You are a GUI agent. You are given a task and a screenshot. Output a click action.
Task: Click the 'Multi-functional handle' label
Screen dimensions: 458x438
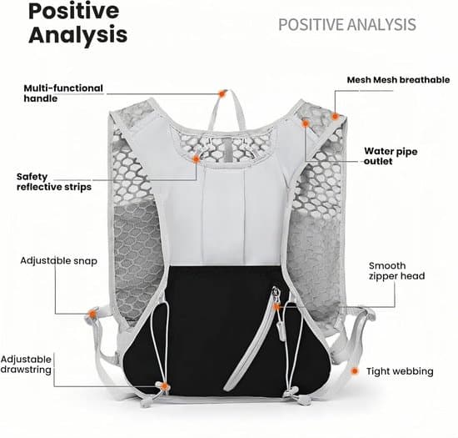[63, 93]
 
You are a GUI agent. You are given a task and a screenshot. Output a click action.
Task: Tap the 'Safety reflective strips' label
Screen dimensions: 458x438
[54, 182]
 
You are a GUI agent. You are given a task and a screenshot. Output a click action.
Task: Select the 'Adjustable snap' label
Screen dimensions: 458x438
[59, 260]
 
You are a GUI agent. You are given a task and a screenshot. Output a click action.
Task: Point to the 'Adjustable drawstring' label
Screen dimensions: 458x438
[26, 365]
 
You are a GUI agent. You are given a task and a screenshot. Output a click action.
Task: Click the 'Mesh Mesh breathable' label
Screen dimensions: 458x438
[398, 80]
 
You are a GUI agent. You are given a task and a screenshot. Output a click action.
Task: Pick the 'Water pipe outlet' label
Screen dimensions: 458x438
[391, 156]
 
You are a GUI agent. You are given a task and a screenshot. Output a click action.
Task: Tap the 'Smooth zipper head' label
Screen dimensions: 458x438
[396, 270]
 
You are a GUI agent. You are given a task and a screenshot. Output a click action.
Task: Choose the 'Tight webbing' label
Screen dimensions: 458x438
[400, 371]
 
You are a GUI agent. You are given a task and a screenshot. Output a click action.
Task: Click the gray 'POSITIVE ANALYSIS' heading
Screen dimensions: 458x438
[347, 24]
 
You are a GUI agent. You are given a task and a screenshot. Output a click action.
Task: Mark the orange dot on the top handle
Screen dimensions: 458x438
[222, 93]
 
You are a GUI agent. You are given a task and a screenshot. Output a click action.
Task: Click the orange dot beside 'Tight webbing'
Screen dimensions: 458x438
[355, 371]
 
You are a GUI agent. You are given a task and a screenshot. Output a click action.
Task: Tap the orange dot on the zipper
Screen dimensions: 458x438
[276, 307]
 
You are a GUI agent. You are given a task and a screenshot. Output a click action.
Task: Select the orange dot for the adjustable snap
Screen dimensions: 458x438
[92, 315]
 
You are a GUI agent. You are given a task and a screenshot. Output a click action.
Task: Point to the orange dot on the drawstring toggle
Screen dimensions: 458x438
[165, 386]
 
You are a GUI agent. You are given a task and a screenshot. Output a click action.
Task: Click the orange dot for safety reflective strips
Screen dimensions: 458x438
[197, 159]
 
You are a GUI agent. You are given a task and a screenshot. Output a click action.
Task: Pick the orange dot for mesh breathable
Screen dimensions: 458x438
[335, 117]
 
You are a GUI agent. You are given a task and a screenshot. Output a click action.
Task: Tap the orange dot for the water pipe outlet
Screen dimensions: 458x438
[306, 123]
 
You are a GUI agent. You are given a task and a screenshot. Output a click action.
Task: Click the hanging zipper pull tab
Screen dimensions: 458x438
[281, 330]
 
